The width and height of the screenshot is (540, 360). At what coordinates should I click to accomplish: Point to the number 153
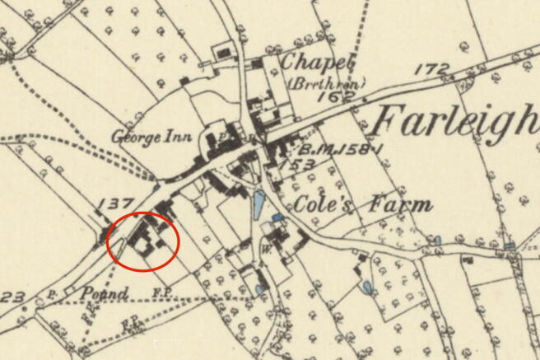(301, 165)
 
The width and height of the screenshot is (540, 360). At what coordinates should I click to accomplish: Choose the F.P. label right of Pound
(161, 292)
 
